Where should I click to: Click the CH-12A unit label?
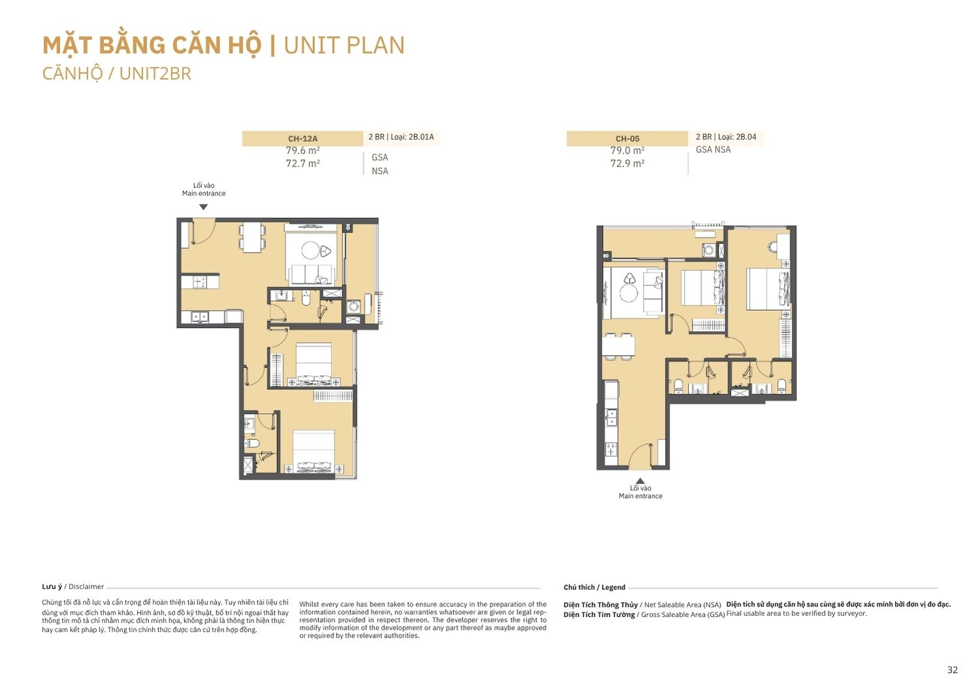pos(302,138)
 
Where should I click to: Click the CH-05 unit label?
pos(627,138)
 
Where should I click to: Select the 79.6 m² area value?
pos(302,150)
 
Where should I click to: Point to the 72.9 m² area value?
pos(627,163)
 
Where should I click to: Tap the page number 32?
pos(953,670)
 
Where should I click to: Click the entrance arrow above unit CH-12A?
pos(203,207)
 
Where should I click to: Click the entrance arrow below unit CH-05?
pos(640,481)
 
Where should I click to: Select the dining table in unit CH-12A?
pos(252,238)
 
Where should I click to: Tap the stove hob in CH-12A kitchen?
pos(200,281)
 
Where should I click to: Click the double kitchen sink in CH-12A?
pos(200,317)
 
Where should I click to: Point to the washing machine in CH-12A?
pos(353,306)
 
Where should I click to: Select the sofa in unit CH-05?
pos(653,291)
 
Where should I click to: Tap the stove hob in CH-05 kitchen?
pos(611,448)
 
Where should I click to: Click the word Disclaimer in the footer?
pos(86,587)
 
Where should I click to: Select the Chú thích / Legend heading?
pos(594,587)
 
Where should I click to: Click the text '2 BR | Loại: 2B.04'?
pos(726,137)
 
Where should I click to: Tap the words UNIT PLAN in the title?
pos(344,46)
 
